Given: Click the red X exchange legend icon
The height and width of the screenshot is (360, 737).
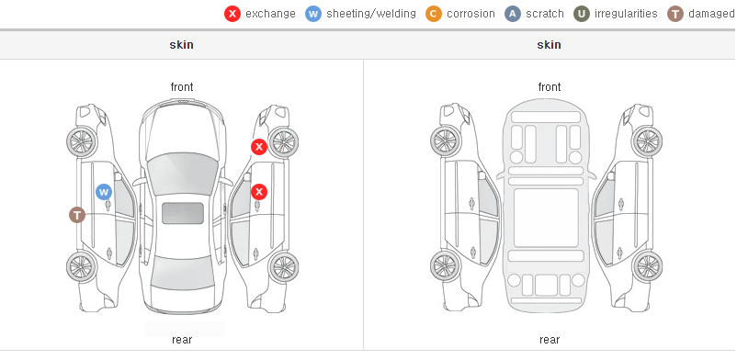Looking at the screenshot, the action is tap(232, 14).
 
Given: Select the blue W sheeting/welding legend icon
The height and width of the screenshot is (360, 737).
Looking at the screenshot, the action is tap(313, 14).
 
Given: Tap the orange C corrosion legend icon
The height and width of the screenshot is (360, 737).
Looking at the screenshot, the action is tap(434, 14).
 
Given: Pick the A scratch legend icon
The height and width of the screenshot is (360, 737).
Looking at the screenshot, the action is tap(513, 14).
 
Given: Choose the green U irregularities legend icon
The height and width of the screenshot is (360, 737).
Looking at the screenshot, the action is tap(582, 14).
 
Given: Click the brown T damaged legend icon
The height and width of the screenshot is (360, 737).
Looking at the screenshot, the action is tap(675, 14).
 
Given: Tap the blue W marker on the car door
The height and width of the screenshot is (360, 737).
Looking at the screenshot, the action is tap(104, 192).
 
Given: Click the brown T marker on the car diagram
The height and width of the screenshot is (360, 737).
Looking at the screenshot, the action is tap(77, 215).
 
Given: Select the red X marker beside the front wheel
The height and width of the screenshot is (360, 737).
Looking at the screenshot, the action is tap(259, 147).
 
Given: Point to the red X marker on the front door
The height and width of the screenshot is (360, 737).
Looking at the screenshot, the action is tap(259, 192).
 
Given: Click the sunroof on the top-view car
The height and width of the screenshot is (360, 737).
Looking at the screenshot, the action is tap(183, 213).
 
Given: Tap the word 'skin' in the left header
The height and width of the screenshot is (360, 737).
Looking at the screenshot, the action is tap(181, 45).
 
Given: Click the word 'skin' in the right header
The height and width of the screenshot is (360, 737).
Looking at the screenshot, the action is tap(549, 45).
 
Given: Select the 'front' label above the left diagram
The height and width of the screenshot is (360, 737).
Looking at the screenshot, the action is tap(182, 87).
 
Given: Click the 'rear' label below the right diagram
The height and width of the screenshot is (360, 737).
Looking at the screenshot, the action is tap(550, 340).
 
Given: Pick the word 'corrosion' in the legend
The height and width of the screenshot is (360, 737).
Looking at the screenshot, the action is tap(471, 14).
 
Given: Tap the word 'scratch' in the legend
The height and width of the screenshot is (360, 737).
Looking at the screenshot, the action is tap(545, 14).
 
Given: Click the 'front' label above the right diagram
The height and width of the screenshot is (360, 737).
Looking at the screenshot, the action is tap(550, 87).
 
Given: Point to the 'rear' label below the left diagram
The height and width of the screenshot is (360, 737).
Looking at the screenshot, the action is tap(182, 340).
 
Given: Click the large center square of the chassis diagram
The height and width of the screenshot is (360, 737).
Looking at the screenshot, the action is tap(546, 218).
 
